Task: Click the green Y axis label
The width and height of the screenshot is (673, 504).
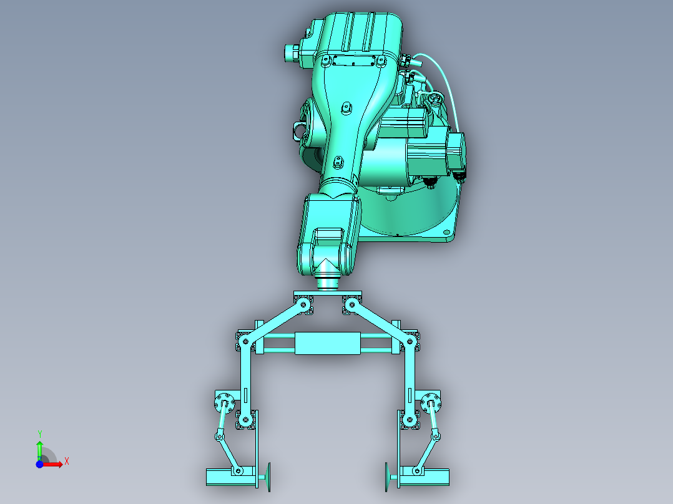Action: pyautogui.click(x=40, y=434)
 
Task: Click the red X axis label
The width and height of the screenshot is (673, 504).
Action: pyautogui.click(x=67, y=462)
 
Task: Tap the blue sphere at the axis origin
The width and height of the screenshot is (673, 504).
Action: pyautogui.click(x=39, y=464)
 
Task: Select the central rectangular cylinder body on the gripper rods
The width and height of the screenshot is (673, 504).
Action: pyautogui.click(x=328, y=343)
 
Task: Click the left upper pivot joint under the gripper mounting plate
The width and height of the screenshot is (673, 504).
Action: pyautogui.click(x=303, y=305)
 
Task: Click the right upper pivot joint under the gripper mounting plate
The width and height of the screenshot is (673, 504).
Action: pyautogui.click(x=351, y=305)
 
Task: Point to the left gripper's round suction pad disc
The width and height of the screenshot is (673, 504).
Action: pyautogui.click(x=269, y=477)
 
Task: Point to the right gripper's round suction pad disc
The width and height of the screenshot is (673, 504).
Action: pyautogui.click(x=386, y=477)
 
